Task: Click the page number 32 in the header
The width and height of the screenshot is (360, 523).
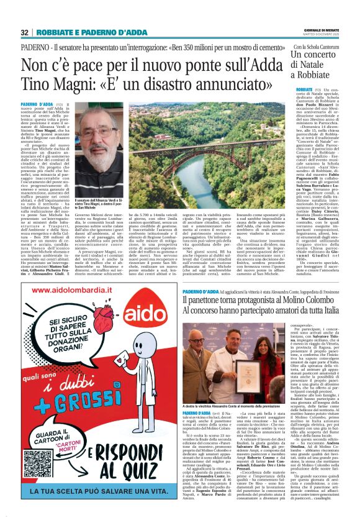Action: click(x=24, y=32)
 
